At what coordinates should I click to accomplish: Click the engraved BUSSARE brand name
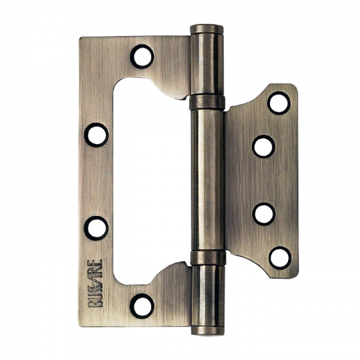(96, 283)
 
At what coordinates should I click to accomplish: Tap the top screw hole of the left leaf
(142, 57)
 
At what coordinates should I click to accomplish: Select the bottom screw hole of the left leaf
(142, 306)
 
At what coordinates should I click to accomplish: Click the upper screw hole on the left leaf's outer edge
(96, 135)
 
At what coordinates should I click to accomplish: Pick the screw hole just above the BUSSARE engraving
(96, 228)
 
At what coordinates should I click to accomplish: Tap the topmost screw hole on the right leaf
(279, 103)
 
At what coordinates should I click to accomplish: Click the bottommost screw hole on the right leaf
(280, 258)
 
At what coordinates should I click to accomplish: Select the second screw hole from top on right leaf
(264, 146)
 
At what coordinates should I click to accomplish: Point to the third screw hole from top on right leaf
(264, 215)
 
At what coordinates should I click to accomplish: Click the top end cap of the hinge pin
(207, 29)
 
